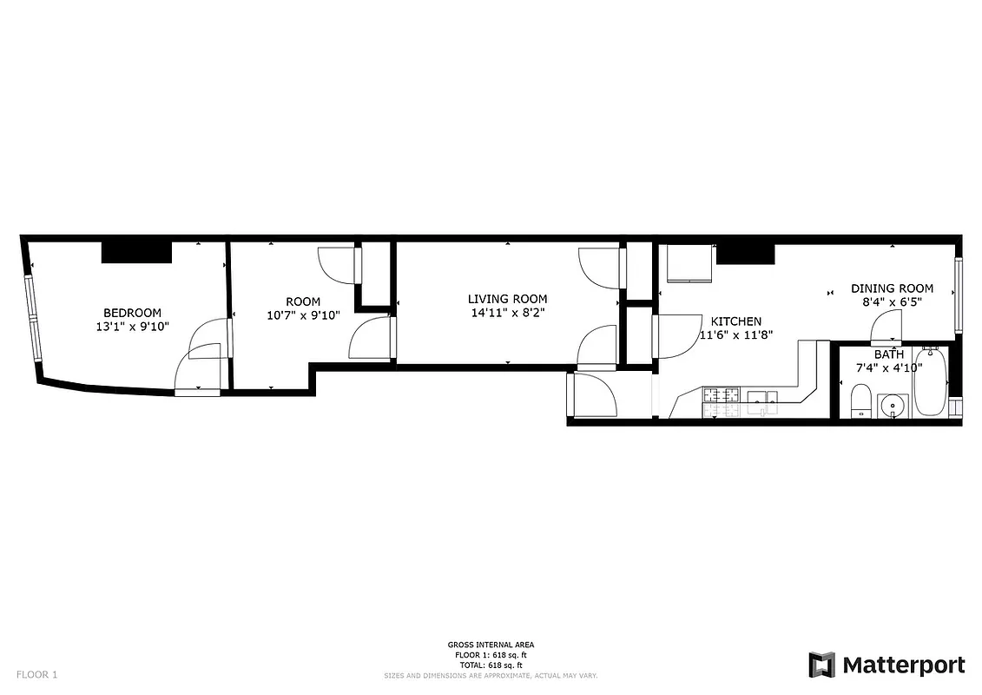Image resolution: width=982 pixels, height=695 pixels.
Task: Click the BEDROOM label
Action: (x=132, y=313)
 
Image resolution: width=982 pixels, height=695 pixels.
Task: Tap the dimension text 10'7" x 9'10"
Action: (x=303, y=315)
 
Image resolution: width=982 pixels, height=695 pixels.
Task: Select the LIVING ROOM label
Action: (x=508, y=299)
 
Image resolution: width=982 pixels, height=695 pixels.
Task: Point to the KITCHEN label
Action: (x=736, y=321)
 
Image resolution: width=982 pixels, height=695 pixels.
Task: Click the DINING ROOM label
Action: (x=892, y=288)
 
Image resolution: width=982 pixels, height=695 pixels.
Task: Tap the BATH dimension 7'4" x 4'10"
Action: (x=888, y=367)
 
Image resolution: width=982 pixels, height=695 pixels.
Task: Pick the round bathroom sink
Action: (x=893, y=405)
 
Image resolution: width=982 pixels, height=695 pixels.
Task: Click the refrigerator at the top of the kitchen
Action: (x=688, y=263)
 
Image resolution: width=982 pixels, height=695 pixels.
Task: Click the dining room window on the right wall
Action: (x=959, y=295)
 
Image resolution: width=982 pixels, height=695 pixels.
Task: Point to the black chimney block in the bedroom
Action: (x=136, y=252)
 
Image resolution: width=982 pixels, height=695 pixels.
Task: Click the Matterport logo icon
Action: (x=821, y=665)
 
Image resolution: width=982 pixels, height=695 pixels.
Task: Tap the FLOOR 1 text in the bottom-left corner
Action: (x=37, y=674)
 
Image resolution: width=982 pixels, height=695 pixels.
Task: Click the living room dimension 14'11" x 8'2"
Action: (x=508, y=313)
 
